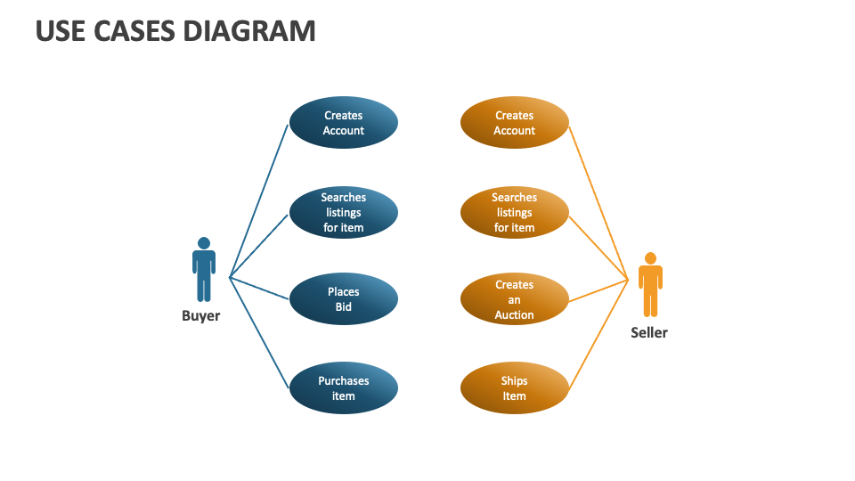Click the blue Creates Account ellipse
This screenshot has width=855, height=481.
click(343, 123)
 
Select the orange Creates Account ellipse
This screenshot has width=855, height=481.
click(514, 123)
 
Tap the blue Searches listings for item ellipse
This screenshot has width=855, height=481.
click(343, 212)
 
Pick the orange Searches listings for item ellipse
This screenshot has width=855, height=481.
click(514, 212)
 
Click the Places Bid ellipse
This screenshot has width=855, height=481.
click(343, 299)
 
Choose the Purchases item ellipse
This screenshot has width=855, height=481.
click(343, 388)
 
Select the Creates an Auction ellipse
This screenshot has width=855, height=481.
click(514, 299)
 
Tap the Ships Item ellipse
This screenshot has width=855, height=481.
click(514, 388)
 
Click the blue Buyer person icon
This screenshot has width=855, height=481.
click(204, 272)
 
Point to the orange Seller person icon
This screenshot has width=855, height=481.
click(650, 287)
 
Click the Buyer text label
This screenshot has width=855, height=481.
click(200, 315)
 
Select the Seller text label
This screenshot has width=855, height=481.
click(648, 332)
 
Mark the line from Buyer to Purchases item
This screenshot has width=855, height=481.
click(259, 333)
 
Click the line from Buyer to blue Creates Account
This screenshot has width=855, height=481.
click(259, 200)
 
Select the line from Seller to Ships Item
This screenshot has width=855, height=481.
click(598, 335)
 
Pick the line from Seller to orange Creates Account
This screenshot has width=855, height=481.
click(598, 202)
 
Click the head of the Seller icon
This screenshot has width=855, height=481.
click(650, 258)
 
